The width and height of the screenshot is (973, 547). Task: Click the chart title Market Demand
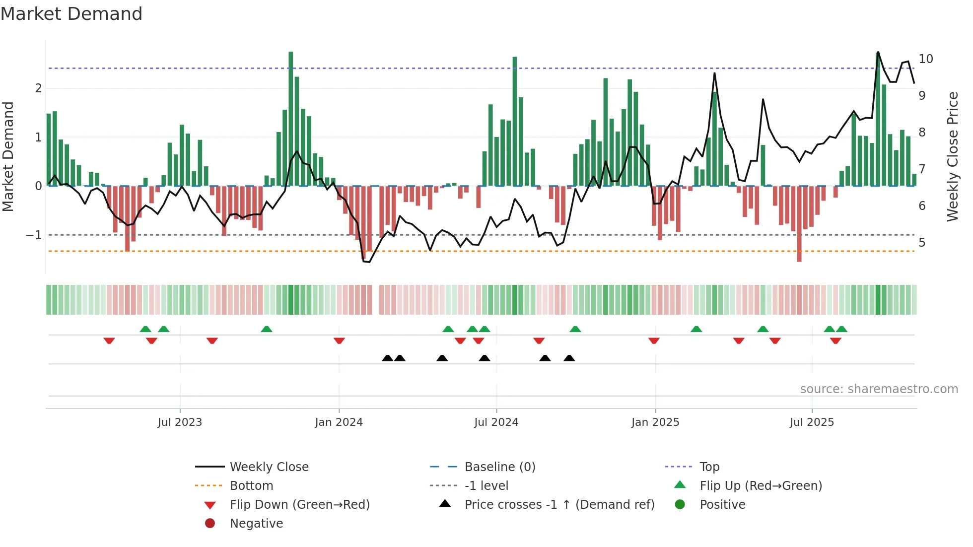(71, 14)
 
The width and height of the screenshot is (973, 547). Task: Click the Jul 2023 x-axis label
(180, 422)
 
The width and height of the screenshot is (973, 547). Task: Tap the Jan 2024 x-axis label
(339, 422)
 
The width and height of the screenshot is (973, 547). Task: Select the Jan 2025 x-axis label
(655, 422)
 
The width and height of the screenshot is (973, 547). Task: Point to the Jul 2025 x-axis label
(812, 422)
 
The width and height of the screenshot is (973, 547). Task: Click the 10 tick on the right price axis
(925, 59)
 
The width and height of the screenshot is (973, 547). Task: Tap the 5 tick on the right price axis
(922, 243)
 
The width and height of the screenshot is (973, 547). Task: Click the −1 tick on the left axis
(34, 235)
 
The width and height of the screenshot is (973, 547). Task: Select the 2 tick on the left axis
(38, 88)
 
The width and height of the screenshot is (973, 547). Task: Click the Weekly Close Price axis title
(952, 156)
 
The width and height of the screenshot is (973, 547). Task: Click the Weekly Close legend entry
(269, 467)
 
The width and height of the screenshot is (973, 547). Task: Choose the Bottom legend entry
(251, 485)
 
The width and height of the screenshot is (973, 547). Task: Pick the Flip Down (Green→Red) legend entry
(299, 504)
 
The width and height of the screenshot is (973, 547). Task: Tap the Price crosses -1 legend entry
(559, 504)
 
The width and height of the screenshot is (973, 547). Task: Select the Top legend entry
(709, 467)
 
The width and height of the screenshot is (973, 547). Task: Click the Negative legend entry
(256, 523)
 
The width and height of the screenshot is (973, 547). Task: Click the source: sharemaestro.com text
(879, 389)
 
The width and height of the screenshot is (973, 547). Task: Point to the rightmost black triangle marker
(569, 358)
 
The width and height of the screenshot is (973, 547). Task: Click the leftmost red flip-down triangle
(109, 341)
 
